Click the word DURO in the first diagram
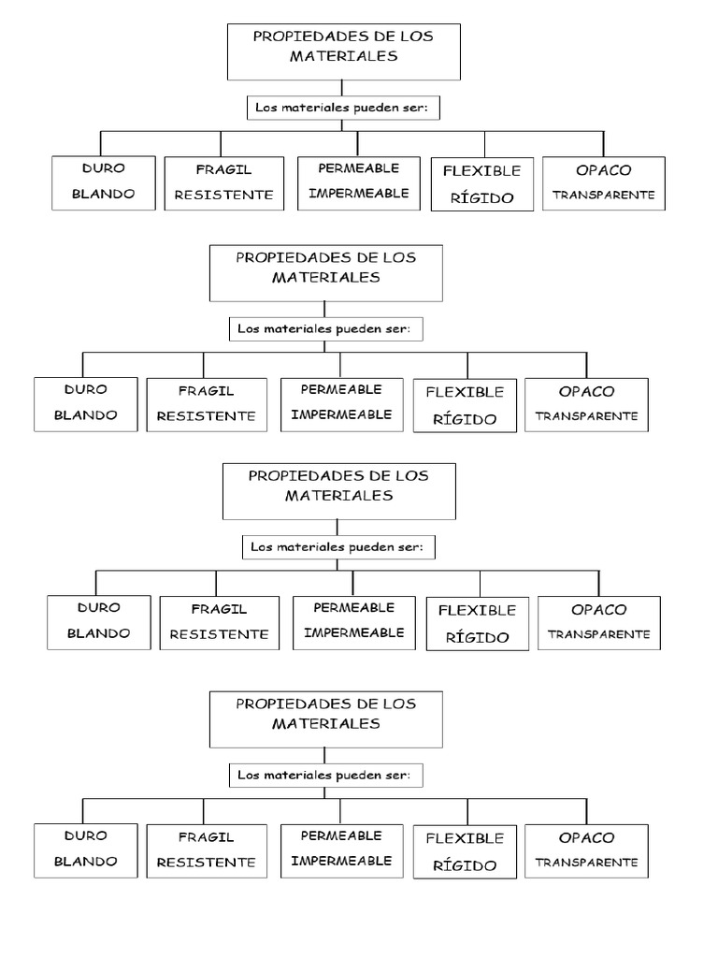coord(102,168)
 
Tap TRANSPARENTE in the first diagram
coord(604,196)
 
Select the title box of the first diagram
coord(344,51)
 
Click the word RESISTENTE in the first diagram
coord(223,196)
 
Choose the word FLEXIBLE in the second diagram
coord(465,392)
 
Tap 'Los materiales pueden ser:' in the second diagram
coord(324,329)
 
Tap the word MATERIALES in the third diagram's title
coord(339,495)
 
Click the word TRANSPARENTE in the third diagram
coord(598,633)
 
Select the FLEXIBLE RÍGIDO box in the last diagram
coord(465,851)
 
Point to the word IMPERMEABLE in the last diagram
coord(340,860)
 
